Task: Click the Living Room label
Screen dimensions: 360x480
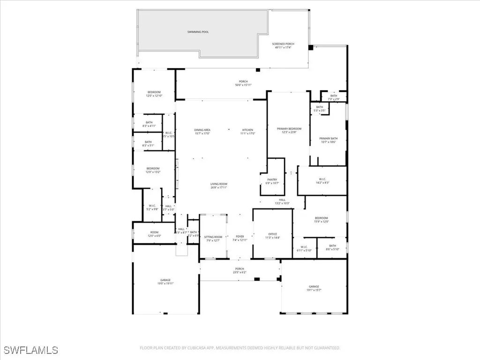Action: (218, 186)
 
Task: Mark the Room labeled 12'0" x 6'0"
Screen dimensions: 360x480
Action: (154, 234)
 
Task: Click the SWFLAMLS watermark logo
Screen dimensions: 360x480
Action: (31, 350)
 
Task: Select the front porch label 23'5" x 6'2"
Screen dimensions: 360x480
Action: (240, 270)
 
